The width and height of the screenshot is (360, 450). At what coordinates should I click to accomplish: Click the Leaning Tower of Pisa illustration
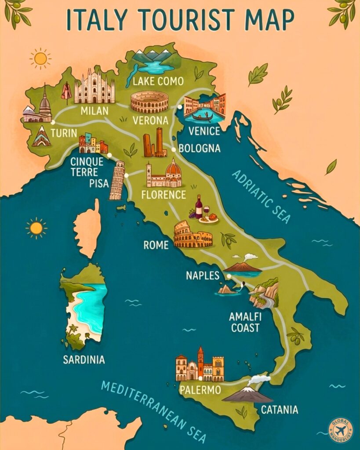click(117, 181)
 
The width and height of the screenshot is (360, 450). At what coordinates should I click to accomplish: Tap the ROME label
click(156, 245)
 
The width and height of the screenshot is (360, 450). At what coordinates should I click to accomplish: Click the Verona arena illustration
click(149, 102)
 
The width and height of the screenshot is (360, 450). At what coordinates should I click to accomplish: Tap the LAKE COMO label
click(158, 81)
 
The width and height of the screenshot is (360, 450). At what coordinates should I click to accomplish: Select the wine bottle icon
click(199, 206)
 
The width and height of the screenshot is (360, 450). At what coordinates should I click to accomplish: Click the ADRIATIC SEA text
click(261, 196)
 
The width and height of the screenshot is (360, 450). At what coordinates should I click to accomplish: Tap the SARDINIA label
click(84, 360)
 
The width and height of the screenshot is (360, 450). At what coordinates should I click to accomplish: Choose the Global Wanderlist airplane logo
click(341, 430)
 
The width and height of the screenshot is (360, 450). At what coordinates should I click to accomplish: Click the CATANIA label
click(280, 410)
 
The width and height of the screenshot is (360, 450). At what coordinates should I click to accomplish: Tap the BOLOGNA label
click(199, 149)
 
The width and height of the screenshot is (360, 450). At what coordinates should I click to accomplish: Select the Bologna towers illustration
click(154, 143)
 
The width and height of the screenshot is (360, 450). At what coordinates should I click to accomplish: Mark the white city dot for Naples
click(229, 276)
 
